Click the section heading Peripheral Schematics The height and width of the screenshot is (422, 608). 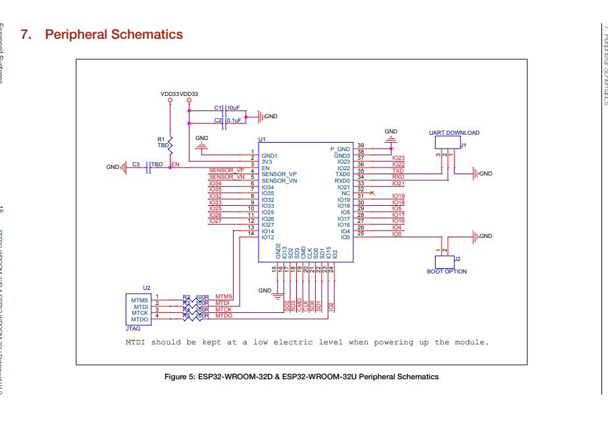coord(113,34)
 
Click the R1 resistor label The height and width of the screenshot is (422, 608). coord(161,139)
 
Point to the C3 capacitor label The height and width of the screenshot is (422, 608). coord(136,164)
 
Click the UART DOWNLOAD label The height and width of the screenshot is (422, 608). coord(454,133)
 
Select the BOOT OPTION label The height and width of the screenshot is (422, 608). coord(447,271)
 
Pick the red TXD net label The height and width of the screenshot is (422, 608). coord(398,171)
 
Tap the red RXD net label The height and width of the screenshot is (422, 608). coord(398,177)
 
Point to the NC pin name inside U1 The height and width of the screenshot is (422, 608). coord(345,193)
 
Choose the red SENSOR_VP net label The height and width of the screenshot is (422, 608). coord(226,171)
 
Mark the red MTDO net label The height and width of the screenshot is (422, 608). coord(224,316)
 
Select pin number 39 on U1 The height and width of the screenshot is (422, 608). coord(361,145)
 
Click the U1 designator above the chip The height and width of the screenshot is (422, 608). coord(262,139)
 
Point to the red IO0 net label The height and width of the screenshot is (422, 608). coord(396,234)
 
